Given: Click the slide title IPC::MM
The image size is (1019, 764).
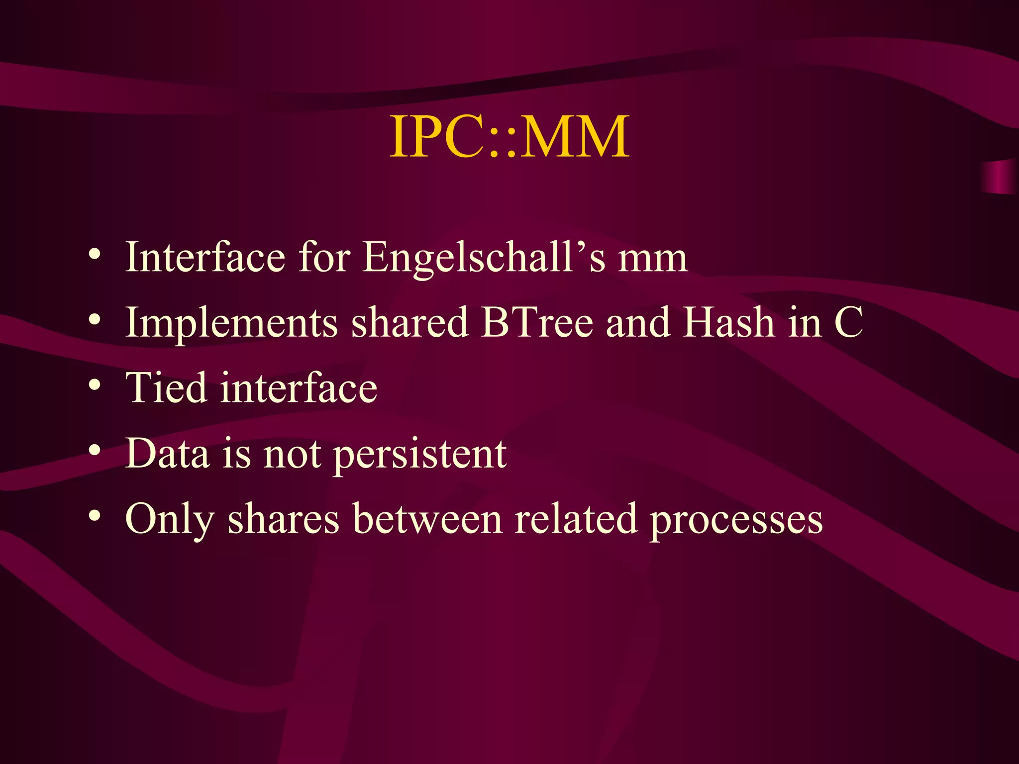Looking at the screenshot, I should [509, 136].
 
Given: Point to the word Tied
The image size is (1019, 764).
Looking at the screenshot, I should [166, 387].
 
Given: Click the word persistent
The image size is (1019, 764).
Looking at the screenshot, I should [420, 454].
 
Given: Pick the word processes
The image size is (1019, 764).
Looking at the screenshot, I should [736, 519].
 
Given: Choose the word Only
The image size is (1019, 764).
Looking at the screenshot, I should [170, 519].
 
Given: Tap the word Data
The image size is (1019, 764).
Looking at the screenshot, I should [167, 453].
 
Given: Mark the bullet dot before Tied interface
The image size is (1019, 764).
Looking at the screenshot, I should [95, 385].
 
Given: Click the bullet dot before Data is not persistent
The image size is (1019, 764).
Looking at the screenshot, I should [95, 451].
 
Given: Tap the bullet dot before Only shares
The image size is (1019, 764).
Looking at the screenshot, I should [95, 516].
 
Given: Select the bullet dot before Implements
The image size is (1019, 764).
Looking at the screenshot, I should [95, 319].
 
